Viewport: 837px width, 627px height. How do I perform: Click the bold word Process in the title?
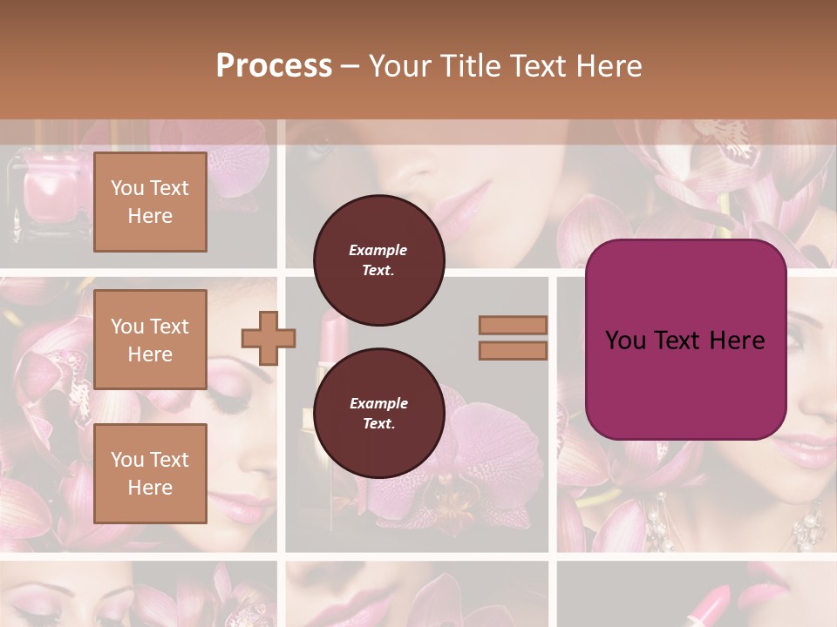274,66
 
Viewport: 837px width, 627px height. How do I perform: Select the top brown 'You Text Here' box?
150,202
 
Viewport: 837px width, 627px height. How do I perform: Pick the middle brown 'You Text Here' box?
150,340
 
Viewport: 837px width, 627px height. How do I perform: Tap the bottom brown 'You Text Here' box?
150,474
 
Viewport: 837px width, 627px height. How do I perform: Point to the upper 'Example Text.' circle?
378,260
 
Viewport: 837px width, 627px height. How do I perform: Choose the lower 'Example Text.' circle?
378,413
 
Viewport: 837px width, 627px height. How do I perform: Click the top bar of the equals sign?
514,326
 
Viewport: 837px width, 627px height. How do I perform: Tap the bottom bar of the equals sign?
514,350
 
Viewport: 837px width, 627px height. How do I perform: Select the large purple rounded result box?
685,340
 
